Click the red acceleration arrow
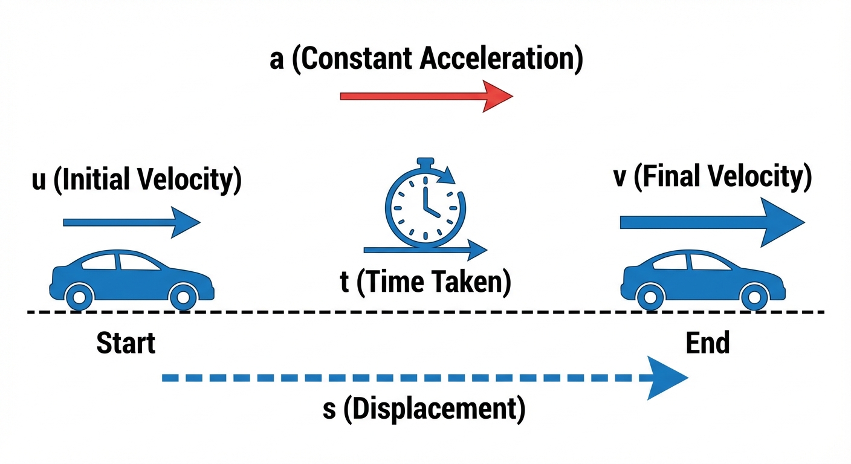click(x=426, y=97)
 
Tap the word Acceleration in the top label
click(x=502, y=59)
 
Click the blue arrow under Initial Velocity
click(x=131, y=222)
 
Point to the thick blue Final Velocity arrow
click(x=713, y=222)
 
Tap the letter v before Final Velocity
click(x=620, y=178)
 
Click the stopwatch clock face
click(x=425, y=208)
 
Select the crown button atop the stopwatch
click(x=425, y=163)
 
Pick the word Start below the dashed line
click(x=126, y=343)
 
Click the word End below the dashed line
click(x=708, y=343)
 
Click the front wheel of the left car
click(x=183, y=297)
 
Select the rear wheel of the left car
click(x=79, y=297)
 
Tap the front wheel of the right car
click(x=754, y=297)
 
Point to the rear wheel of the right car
click(x=650, y=297)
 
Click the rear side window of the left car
click(x=99, y=262)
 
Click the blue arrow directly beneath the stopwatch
click(x=425, y=250)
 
